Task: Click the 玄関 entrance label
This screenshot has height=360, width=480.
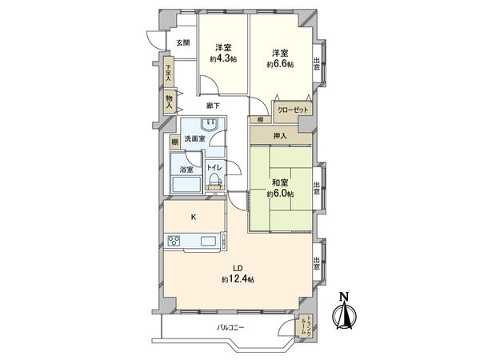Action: click(183, 42)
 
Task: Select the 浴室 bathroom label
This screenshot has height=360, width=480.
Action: click(186, 170)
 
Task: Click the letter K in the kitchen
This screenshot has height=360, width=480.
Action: click(194, 216)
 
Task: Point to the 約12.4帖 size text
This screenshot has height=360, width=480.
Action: click(238, 278)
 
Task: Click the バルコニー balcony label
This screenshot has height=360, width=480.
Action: click(230, 328)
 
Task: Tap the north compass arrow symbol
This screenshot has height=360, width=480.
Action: click(346, 312)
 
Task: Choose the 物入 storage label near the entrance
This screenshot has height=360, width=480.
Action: click(169, 102)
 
